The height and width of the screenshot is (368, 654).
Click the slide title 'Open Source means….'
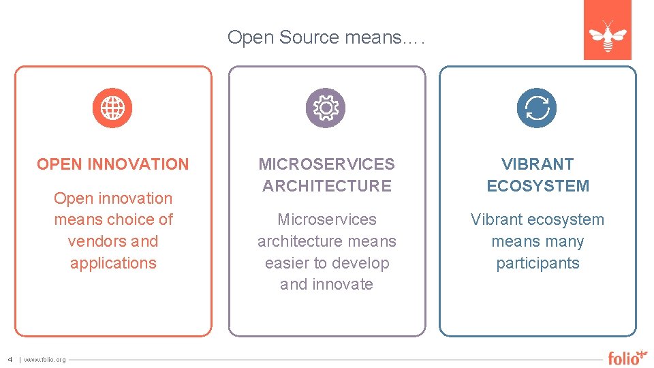click(326, 37)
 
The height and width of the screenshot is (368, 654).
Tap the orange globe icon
click(112, 108)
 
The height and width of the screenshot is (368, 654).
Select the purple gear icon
click(325, 108)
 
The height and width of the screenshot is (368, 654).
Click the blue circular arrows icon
click(537, 108)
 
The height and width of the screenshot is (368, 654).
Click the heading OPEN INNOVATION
click(113, 164)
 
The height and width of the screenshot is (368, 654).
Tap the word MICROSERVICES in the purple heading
click(326, 164)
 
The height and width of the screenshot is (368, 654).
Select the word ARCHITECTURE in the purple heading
click(327, 185)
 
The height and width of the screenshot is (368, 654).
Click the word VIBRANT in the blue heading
click(538, 164)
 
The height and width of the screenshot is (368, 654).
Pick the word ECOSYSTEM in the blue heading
click(538, 185)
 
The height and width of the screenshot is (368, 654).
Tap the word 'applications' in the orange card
click(113, 263)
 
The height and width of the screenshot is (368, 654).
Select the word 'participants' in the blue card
click(538, 263)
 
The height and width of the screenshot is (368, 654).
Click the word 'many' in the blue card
click(565, 241)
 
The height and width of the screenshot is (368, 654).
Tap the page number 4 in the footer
click(10, 359)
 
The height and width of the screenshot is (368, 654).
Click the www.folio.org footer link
click(45, 360)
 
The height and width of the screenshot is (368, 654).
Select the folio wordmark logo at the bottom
click(627, 357)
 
